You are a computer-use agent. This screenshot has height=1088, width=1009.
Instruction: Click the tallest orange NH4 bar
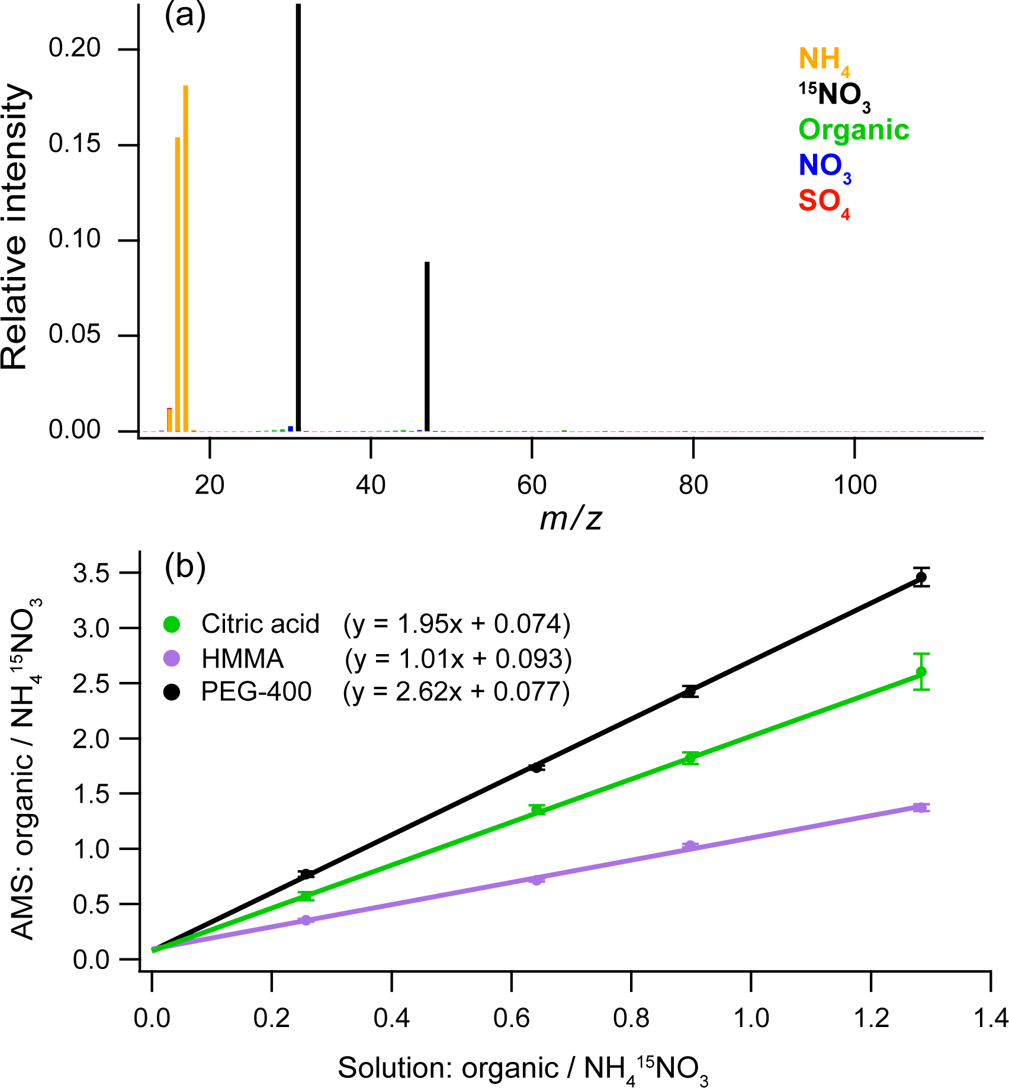point(185,257)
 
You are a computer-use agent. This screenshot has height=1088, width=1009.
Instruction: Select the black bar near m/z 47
point(427,346)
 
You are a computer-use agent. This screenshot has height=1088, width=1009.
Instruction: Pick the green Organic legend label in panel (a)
point(853,130)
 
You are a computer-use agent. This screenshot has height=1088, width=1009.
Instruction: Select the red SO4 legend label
point(824,202)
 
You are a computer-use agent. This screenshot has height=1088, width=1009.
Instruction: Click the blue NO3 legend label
point(824,166)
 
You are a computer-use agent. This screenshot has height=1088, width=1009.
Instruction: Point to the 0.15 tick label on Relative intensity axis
point(75,144)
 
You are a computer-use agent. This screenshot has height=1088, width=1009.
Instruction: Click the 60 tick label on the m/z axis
point(531,485)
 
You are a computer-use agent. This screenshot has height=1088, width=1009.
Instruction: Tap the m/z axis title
point(571,519)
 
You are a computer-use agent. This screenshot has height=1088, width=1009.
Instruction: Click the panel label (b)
point(185,566)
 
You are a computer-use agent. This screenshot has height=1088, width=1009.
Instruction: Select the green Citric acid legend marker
point(172,624)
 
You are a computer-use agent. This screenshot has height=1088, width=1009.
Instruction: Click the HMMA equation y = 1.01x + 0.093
point(458,659)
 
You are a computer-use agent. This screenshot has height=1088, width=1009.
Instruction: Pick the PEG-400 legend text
point(256,691)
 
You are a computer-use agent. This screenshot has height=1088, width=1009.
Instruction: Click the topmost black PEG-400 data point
point(921,577)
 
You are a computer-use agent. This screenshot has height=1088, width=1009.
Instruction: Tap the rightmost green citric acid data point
point(921,672)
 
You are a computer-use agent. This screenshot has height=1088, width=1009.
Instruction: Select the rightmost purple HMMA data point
point(921,807)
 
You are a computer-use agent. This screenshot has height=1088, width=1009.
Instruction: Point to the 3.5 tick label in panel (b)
point(91,574)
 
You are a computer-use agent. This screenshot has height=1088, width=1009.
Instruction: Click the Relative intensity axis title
point(15,228)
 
